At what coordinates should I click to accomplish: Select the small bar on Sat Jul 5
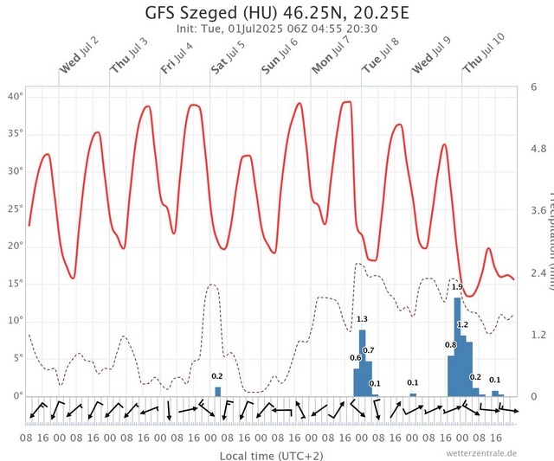click(x=218, y=391)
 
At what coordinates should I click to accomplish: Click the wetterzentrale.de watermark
click(x=481, y=452)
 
